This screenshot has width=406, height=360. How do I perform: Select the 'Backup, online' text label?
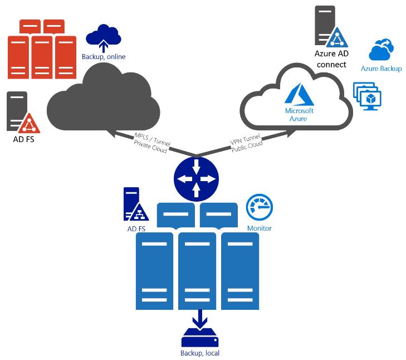click(104, 56)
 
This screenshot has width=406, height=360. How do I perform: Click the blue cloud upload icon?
click(104, 36)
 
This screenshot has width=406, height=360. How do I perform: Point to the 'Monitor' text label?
click(259, 228)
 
